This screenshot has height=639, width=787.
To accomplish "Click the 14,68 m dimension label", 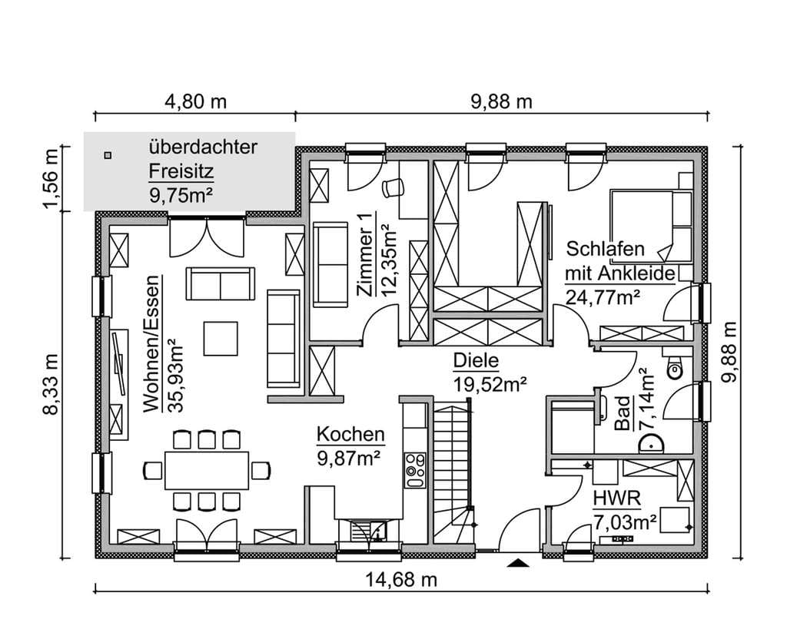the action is coord(400,580).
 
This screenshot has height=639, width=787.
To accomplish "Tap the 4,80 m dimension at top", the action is coord(196,102).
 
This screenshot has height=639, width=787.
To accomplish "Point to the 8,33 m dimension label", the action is coord(51,385).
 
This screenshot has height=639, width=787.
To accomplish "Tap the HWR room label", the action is coord(617,498).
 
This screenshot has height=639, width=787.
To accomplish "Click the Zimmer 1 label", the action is coord(364,255).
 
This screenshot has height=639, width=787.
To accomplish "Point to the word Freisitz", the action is coord(181,171).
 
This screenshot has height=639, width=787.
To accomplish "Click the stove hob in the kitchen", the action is coord(415,470).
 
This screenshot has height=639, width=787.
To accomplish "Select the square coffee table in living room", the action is coord(221,339).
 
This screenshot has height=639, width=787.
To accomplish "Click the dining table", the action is coord(207,471).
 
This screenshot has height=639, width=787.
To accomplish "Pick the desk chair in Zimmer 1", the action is coord(393,187).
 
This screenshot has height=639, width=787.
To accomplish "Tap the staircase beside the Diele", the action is coord(453,472).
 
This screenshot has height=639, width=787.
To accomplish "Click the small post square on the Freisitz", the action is coord(108,155).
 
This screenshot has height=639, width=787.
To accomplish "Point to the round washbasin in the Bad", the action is coord(652,444).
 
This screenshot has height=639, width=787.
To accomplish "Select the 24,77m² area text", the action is coord(603,297).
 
